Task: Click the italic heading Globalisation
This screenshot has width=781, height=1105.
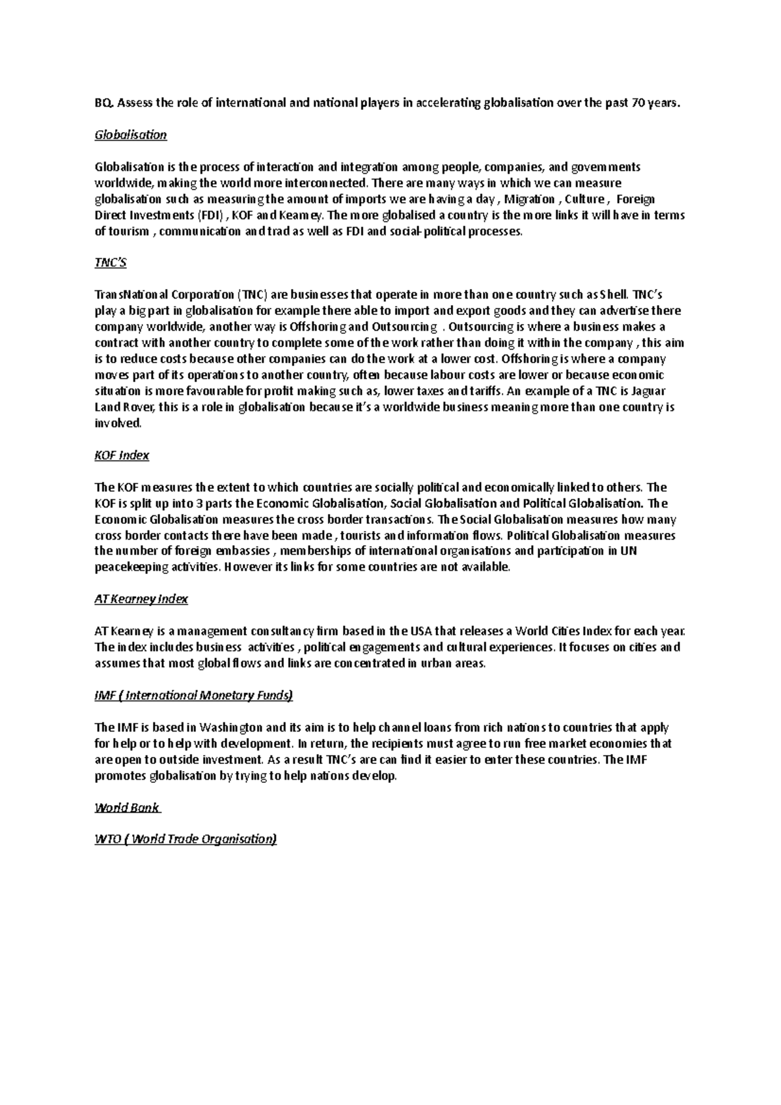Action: tap(130, 135)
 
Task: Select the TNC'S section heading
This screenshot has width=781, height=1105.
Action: tap(111, 263)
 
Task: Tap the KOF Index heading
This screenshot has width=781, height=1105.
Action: tap(122, 456)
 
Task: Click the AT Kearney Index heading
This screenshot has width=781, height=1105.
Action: tap(141, 599)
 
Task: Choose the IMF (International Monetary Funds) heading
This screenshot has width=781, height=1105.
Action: tap(194, 696)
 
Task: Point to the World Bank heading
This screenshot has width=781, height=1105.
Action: tap(127, 808)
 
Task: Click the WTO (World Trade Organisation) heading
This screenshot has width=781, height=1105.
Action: tap(185, 839)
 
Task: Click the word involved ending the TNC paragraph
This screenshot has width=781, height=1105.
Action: tap(117, 424)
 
